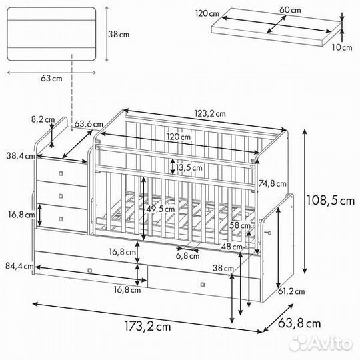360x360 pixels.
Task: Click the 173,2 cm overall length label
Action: pos(147,326)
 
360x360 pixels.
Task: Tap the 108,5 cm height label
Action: pos(331,200)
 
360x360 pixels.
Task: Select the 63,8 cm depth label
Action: pos(299,323)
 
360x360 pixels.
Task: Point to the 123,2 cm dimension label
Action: pos(210,113)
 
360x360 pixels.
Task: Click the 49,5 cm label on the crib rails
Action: pos(161,209)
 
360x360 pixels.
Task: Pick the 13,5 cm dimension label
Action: pos(189,167)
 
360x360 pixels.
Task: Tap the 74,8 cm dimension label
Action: pos(273,183)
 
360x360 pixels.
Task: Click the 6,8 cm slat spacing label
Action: pos(187,255)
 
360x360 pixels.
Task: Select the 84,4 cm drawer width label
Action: pos(19,266)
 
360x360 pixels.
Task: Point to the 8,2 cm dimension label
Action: pos(43,119)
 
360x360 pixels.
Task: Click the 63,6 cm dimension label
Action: pos(89,124)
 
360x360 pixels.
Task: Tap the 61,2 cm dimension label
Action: pos(291,291)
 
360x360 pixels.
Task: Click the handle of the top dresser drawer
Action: pos(61,173)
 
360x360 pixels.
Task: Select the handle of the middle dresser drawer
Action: pos(61,196)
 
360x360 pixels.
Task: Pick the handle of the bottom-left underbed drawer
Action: pos(90,271)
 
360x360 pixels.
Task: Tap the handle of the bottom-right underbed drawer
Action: pos(203,285)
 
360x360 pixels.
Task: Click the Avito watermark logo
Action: pos(321,344)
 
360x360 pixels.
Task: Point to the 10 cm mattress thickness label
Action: pos(342,47)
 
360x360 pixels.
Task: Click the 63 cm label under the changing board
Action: pos(51,78)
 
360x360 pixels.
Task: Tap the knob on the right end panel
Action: pos(268,233)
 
